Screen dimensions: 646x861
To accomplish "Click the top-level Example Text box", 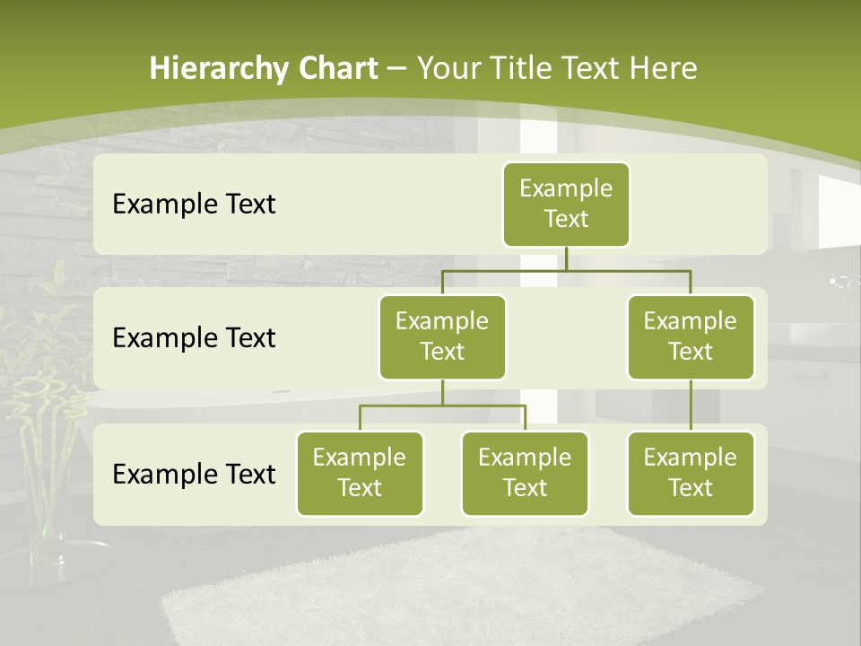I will click(566, 204).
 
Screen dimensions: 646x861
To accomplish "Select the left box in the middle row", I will click(442, 336).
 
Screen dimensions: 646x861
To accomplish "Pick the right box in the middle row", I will click(691, 336).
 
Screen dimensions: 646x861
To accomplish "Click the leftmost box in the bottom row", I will click(360, 473).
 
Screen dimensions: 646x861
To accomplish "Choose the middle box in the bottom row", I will click(525, 473).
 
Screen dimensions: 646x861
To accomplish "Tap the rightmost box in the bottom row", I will click(691, 473).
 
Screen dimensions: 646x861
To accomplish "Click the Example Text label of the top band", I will click(194, 205).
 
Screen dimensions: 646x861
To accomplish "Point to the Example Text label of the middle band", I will click(194, 338).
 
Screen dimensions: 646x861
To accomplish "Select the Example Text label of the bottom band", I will click(194, 475).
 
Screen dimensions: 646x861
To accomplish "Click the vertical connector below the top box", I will click(566, 258).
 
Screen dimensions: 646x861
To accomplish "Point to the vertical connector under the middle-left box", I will click(442, 392).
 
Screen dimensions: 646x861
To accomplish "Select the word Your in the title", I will click(446, 68).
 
